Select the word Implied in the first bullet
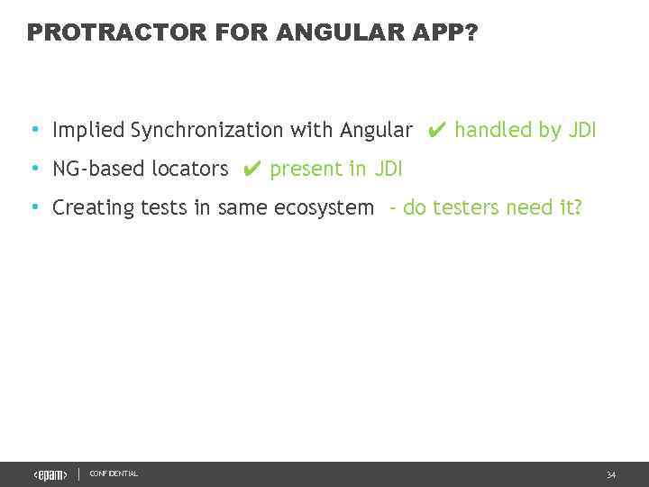[88, 131]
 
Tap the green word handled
[493, 131]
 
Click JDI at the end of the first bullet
[582, 131]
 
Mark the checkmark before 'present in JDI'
[251, 170]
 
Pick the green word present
[306, 170]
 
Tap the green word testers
[465, 208]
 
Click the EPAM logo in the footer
[50, 475]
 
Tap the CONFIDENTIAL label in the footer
[114, 474]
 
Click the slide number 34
[611, 475]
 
